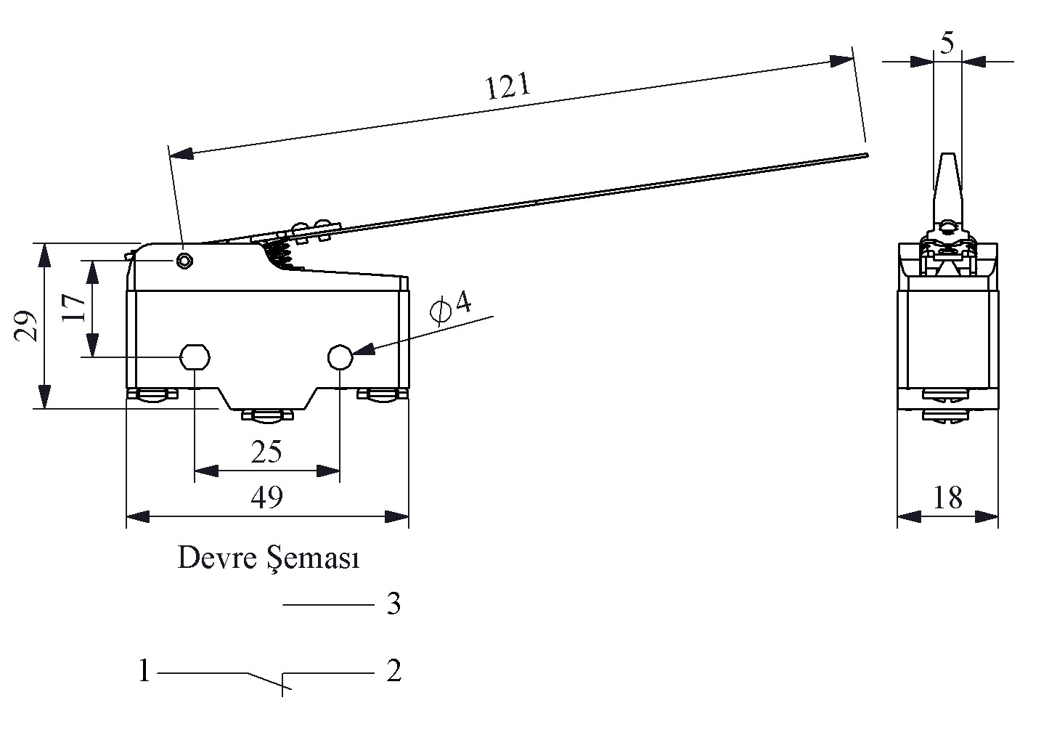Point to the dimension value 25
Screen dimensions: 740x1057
click(266, 452)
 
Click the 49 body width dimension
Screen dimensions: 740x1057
click(266, 498)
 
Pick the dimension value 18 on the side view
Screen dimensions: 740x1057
click(947, 498)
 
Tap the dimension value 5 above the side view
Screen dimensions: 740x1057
click(947, 44)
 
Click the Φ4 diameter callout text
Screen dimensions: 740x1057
click(451, 306)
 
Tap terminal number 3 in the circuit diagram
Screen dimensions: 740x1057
click(393, 604)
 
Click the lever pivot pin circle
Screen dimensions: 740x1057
click(185, 260)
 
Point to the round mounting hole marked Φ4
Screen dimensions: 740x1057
click(340, 357)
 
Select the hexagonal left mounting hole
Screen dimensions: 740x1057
click(195, 357)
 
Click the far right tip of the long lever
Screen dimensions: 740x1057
click(865, 155)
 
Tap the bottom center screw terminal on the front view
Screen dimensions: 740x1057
click(266, 416)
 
